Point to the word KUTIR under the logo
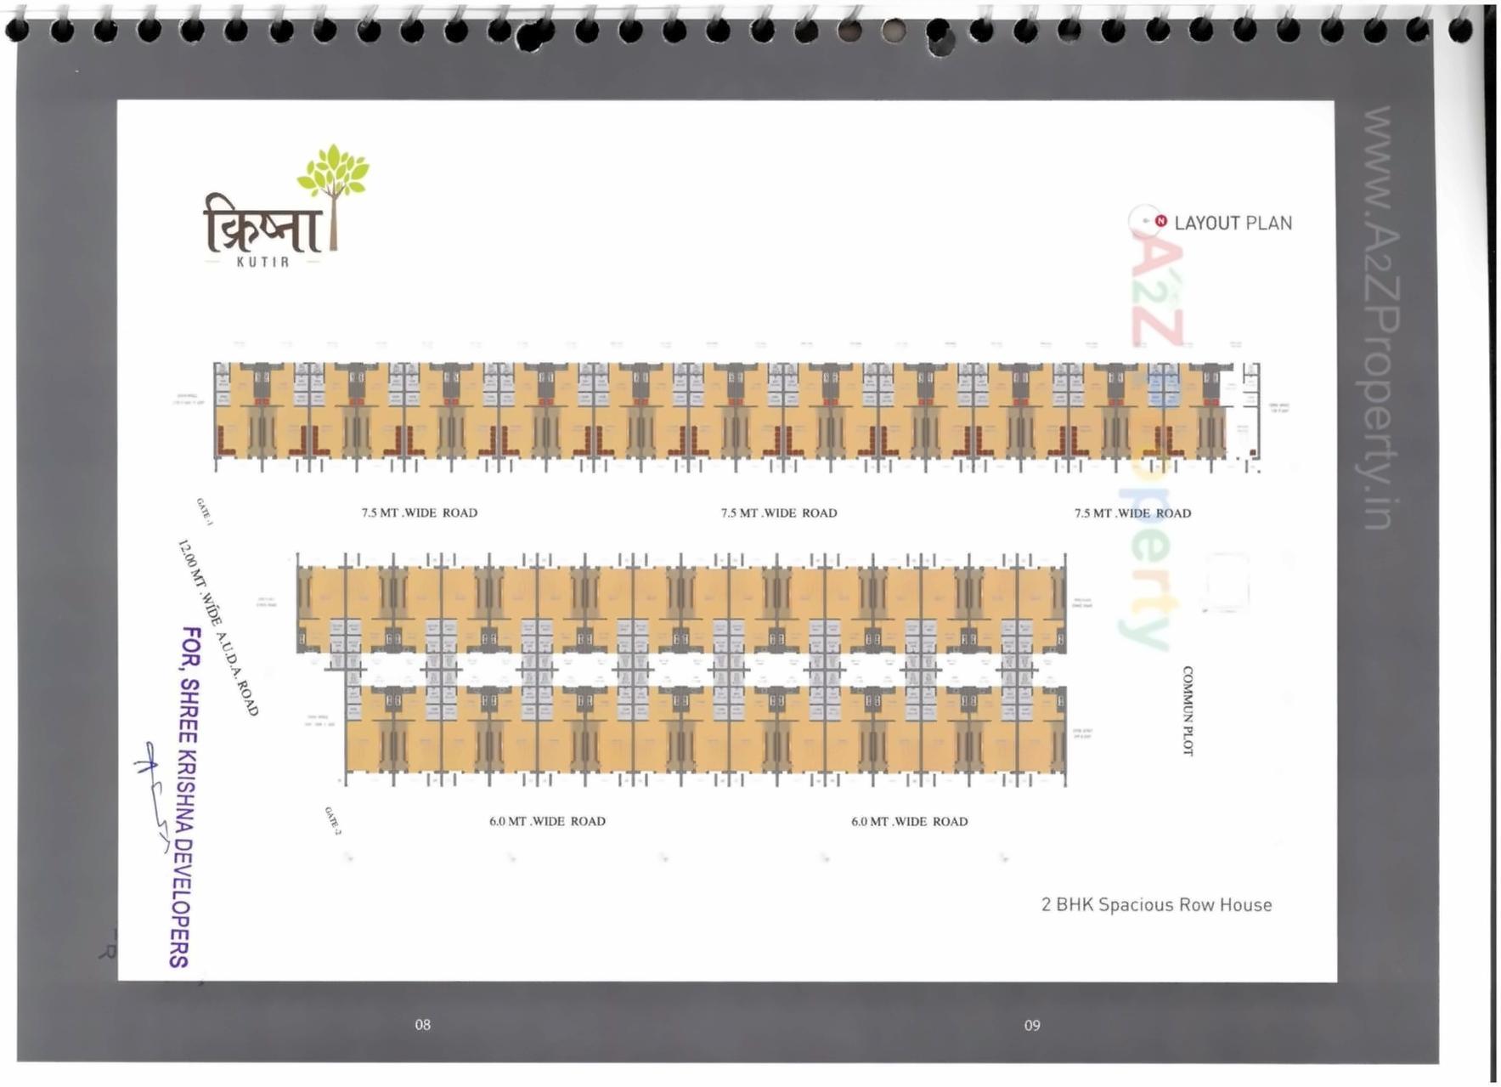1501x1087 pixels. tap(262, 262)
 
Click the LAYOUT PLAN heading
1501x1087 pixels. tap(1233, 224)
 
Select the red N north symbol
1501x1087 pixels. tap(1160, 221)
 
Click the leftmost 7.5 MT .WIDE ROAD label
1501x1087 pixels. tap(420, 513)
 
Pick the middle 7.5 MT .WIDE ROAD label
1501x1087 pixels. tap(779, 513)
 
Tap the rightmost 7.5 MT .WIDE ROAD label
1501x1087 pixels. tap(1132, 513)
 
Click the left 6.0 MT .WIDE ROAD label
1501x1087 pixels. tap(547, 822)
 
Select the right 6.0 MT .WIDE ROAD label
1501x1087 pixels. tap(909, 822)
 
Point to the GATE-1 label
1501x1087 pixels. tap(204, 512)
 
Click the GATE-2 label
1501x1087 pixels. tap(332, 821)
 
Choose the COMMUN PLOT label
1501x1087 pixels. tap(1188, 711)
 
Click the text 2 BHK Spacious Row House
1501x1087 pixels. tap(1156, 905)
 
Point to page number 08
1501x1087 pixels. tap(422, 1025)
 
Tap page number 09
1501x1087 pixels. tap(1032, 1026)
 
